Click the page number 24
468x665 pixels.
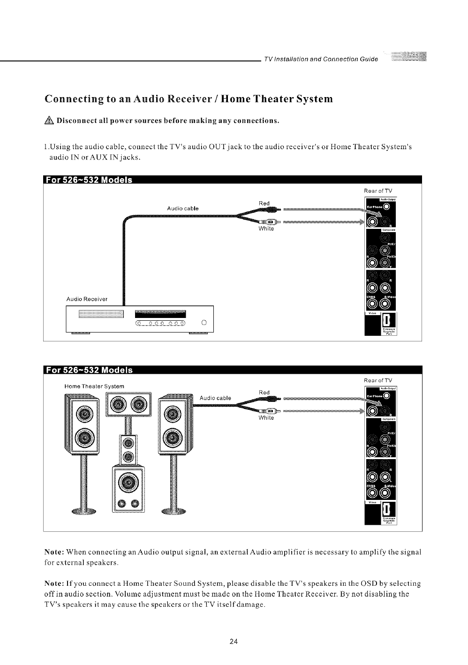(234, 642)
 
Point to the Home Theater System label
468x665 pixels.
(94, 386)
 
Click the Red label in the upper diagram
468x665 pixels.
(264, 203)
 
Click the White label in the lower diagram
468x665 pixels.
(266, 418)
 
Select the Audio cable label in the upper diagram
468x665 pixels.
(182, 208)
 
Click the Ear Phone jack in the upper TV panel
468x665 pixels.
(386, 208)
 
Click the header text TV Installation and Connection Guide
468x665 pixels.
(321, 59)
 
